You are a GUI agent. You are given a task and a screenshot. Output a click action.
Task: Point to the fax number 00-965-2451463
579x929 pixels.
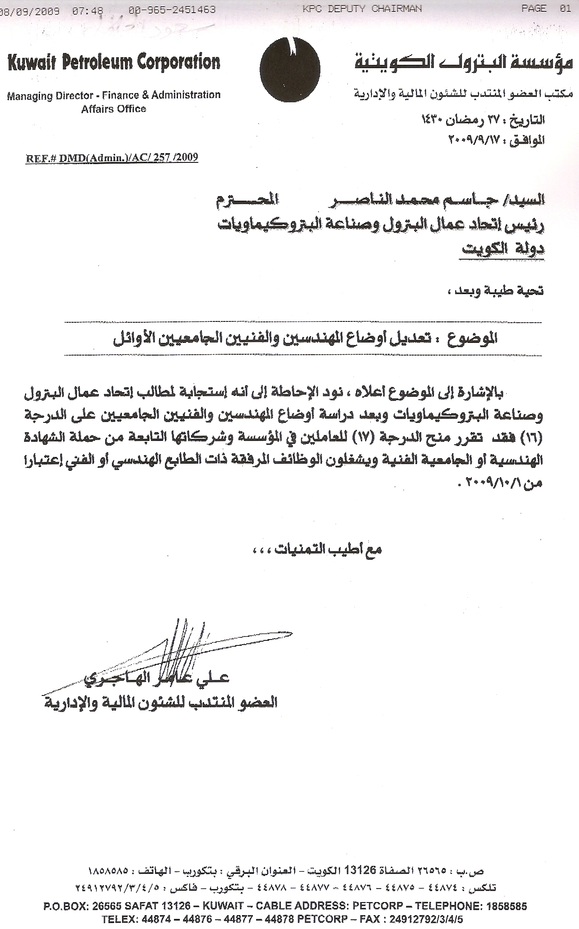(x=172, y=10)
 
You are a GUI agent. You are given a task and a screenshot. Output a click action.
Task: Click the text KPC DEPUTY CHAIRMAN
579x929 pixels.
(x=362, y=9)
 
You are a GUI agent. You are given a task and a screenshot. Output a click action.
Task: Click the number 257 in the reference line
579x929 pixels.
(x=160, y=158)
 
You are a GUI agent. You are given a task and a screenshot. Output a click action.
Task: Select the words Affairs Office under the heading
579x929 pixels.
(x=114, y=109)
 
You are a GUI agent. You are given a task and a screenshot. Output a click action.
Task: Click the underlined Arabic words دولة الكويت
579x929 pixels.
(x=502, y=249)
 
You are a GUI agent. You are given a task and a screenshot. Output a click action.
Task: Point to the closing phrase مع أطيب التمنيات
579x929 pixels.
(x=328, y=549)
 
